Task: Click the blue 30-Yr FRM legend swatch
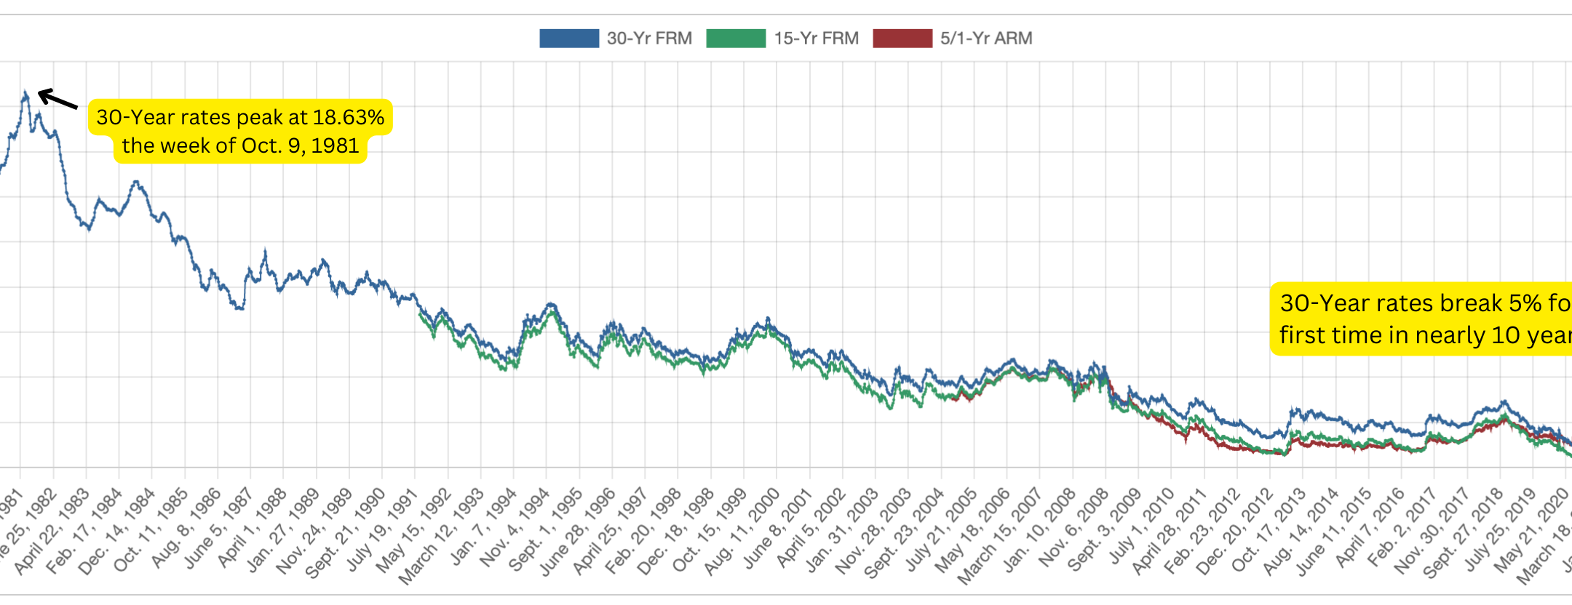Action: tap(568, 39)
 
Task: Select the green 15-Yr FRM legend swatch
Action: tap(735, 39)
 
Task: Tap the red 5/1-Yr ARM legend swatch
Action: tap(902, 39)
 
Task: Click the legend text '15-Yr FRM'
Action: tap(816, 39)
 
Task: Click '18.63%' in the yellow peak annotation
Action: tap(348, 117)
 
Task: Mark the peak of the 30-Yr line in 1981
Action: tap(25, 93)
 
